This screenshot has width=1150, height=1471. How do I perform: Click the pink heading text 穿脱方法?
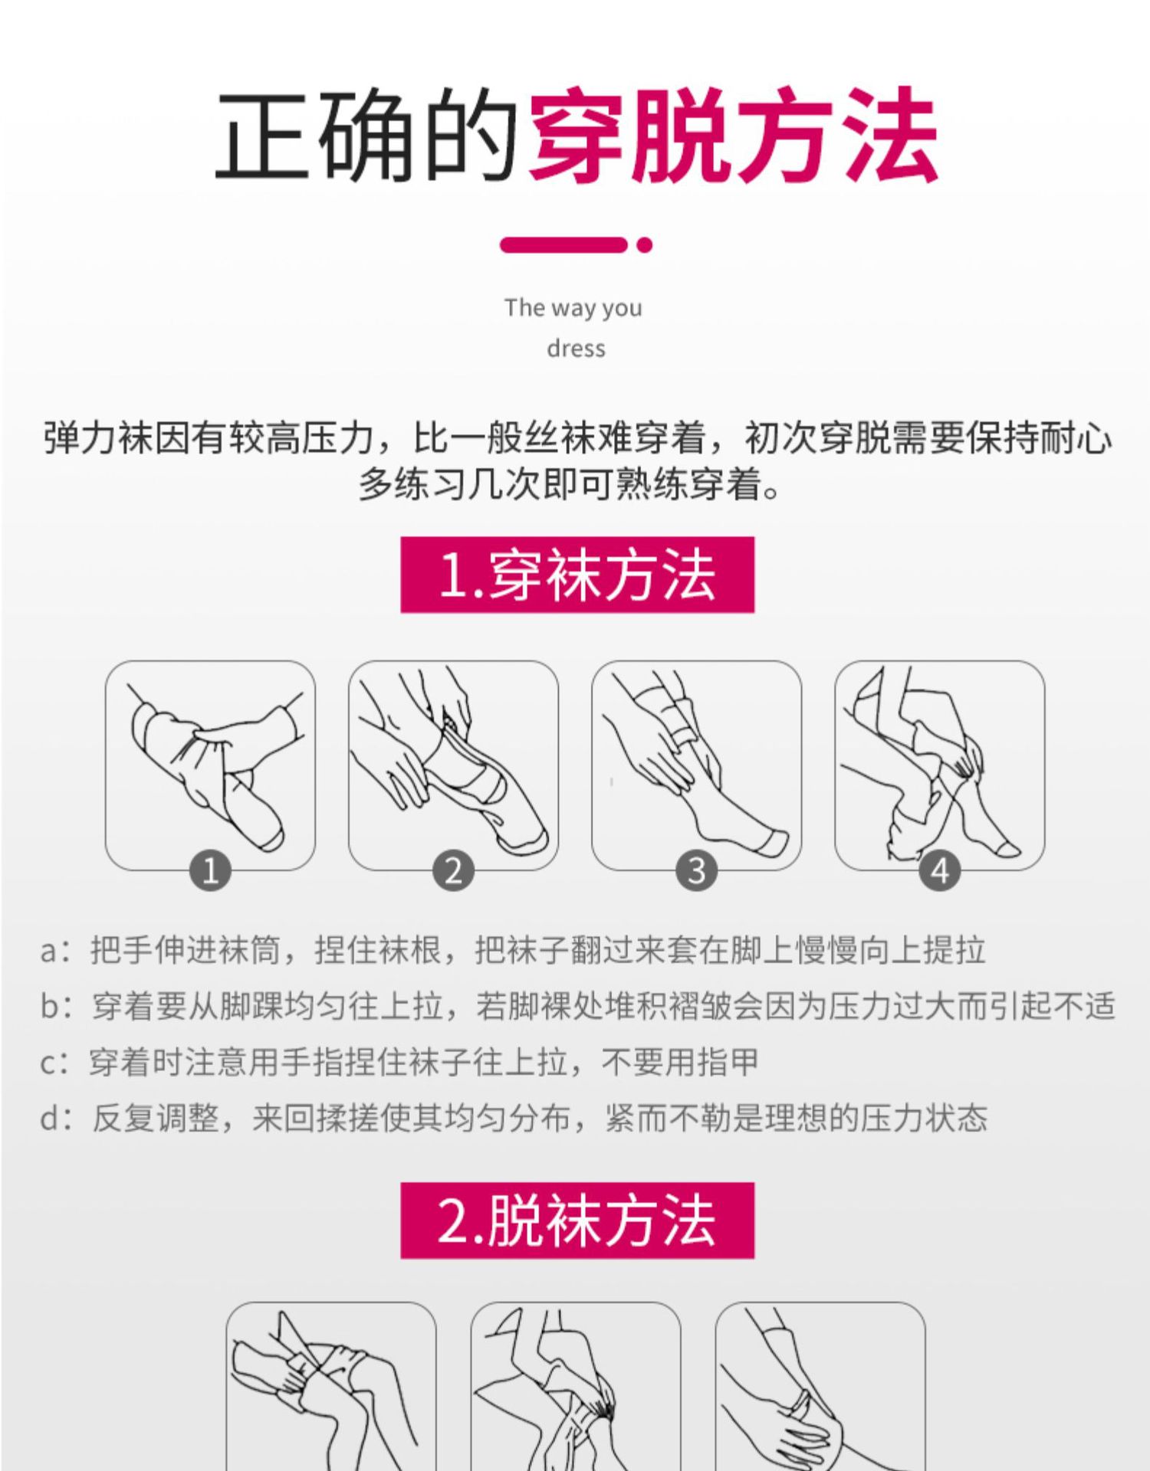point(732,136)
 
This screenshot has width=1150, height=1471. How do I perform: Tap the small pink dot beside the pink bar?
point(645,245)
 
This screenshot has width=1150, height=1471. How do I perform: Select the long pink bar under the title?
point(563,245)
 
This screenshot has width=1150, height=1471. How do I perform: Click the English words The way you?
point(573,308)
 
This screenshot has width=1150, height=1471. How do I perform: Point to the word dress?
point(576,349)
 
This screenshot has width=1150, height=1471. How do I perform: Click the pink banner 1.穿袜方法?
point(577,575)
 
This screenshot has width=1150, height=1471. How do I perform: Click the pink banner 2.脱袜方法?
point(577,1220)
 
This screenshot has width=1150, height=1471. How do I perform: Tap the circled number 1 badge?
point(210,871)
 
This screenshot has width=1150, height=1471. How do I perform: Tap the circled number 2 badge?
point(453,871)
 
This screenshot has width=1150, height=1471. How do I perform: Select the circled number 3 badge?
point(696,871)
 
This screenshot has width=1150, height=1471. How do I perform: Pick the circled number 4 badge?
point(939,871)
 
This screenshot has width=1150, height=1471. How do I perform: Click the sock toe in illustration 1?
point(268,835)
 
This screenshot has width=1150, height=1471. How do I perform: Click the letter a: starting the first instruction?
point(54,951)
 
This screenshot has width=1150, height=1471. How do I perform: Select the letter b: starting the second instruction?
point(54,1006)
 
